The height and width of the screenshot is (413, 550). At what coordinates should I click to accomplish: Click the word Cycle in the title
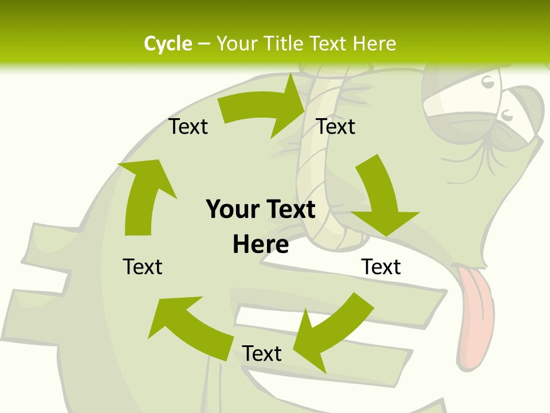click(167, 44)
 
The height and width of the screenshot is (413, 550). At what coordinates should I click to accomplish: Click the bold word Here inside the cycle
click(261, 244)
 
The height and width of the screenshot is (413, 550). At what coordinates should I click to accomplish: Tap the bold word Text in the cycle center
click(289, 209)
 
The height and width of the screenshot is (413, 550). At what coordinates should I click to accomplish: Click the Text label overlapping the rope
click(336, 126)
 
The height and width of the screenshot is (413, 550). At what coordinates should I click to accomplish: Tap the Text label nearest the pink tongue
click(381, 267)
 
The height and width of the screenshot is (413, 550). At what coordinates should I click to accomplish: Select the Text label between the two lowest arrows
click(262, 353)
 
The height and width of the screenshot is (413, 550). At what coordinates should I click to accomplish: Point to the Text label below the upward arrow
click(143, 267)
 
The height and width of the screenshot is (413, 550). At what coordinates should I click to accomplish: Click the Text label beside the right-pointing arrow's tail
click(188, 126)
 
